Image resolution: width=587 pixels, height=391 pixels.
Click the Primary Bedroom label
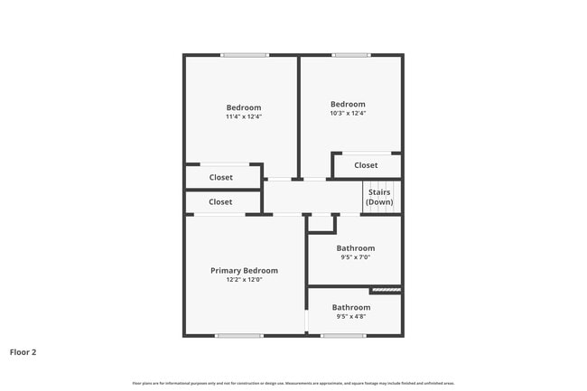click(244, 270)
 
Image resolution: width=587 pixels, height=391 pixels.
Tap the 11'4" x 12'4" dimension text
click(244, 116)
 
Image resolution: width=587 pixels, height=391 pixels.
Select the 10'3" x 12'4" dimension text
click(348, 113)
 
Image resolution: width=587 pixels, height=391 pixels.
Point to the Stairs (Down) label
click(379, 197)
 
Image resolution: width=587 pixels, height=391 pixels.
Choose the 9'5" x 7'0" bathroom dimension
click(355, 257)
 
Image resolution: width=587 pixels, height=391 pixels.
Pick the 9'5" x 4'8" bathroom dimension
click(350, 317)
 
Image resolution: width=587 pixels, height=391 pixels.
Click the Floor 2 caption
click(23, 352)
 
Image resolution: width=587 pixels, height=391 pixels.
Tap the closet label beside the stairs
click(366, 165)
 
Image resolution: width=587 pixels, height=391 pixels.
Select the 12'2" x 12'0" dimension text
click(244, 280)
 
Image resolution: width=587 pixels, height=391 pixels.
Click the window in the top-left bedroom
click(245, 55)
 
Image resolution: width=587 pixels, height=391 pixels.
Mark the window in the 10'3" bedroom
click(350, 55)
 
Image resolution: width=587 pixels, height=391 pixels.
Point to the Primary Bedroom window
click(238, 336)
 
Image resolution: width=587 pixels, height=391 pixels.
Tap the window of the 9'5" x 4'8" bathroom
click(343, 336)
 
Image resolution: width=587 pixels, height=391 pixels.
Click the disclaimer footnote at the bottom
click(293, 383)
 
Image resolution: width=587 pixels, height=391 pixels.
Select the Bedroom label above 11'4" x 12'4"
click(244, 107)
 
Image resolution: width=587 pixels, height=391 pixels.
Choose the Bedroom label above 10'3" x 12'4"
click(348, 104)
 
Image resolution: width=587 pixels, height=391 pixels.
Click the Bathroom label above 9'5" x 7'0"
click(355, 248)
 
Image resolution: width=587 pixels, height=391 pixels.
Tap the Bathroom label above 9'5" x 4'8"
click(350, 307)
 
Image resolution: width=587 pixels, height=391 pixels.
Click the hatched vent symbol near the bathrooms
click(386, 290)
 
